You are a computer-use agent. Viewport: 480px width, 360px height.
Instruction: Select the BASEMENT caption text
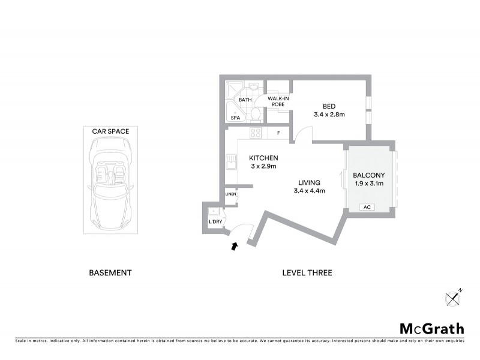click(110, 272)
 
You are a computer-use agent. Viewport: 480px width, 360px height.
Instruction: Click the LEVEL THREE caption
click(307, 272)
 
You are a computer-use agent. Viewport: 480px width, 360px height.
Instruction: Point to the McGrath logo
click(432, 328)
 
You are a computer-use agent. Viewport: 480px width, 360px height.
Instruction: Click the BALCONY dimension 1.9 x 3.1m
click(370, 184)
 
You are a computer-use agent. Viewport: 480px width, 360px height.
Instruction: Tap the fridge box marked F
click(278, 133)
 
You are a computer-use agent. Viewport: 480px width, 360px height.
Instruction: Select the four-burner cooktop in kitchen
click(256, 133)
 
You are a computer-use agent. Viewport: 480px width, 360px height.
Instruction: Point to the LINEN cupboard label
click(230, 194)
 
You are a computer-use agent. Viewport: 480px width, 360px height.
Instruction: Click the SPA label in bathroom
click(235, 118)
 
